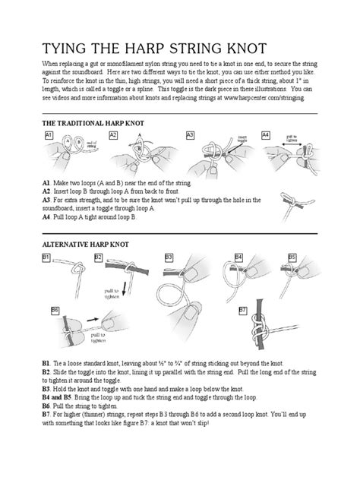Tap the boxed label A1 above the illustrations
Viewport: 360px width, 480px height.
pyautogui.click(x=49, y=134)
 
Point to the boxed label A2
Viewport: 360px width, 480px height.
pyautogui.click(x=114, y=134)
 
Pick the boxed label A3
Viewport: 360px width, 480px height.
pyautogui.click(x=191, y=134)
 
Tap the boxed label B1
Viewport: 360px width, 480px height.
pyautogui.click(x=46, y=258)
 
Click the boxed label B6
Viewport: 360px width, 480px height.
pyautogui.click(x=55, y=310)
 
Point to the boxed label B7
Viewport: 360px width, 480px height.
pyautogui.click(x=243, y=310)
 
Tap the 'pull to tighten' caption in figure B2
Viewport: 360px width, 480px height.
pyautogui.click(x=112, y=295)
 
